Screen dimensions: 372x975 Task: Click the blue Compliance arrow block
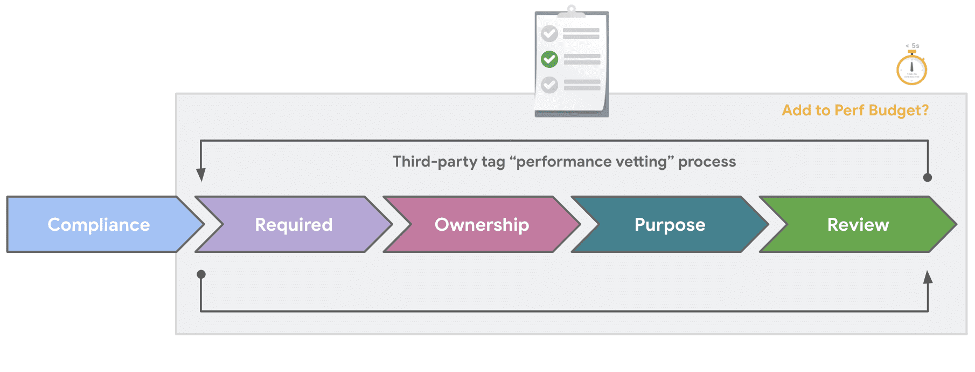[99, 224]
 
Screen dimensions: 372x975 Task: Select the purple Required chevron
[294, 224]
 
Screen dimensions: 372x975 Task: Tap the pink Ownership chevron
[482, 224]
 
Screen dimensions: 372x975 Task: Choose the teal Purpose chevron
[670, 224]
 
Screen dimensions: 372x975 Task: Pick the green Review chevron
[858, 224]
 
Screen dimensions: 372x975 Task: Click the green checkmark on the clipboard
[549, 59]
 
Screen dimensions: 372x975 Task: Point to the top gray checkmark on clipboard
[549, 33]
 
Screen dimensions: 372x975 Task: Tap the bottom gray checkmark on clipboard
[549, 85]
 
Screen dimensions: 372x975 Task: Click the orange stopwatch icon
[911, 69]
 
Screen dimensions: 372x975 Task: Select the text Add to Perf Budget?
[855, 110]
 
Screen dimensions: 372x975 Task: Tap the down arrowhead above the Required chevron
[201, 175]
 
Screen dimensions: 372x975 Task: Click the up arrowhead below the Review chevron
[928, 277]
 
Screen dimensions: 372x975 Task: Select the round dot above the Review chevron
[928, 177]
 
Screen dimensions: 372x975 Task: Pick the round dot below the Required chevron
[201, 274]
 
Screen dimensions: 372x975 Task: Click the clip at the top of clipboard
[572, 10]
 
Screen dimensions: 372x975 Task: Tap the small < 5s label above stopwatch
[913, 46]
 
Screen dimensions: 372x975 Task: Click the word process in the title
[707, 161]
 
